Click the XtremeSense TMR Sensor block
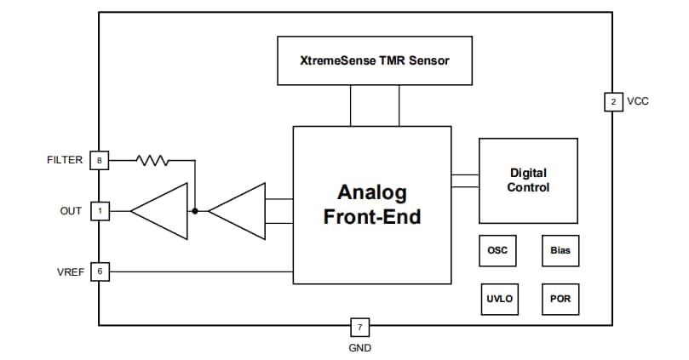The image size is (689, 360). click(374, 61)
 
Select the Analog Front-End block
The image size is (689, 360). click(372, 204)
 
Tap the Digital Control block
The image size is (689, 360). click(528, 180)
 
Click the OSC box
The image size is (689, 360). click(497, 251)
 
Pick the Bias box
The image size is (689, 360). click(560, 251)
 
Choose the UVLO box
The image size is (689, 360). click(497, 300)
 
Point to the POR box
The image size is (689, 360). click(560, 300)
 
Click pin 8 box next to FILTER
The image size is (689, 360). click(100, 159)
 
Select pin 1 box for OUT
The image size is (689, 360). click(100, 210)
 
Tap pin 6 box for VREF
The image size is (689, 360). click(100, 271)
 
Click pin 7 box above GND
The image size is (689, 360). click(359, 326)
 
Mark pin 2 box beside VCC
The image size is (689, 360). click(612, 101)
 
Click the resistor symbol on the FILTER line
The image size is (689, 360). click(153, 159)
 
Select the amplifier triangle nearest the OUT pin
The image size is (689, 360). click(161, 210)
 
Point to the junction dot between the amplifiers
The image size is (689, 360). click(195, 210)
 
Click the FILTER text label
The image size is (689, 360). click(65, 159)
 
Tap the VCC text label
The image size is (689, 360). click(638, 101)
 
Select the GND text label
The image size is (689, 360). click(359, 347)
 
